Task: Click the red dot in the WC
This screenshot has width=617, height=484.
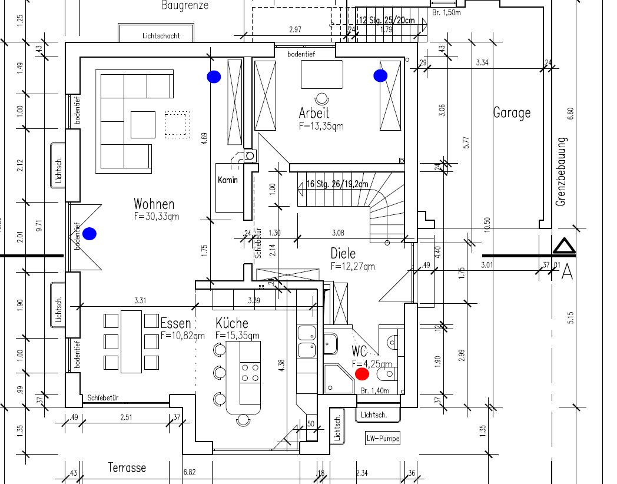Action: [x=362, y=373]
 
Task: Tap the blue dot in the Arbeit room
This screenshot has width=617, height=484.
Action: [x=380, y=75]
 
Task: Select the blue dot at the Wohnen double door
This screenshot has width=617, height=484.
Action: [x=89, y=234]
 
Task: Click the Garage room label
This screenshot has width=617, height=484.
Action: [x=512, y=112]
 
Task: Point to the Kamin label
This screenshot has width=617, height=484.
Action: [x=228, y=180]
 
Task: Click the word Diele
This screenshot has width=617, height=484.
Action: [x=343, y=253]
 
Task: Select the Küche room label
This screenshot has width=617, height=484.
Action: [x=231, y=323]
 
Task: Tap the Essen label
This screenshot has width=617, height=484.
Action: [x=176, y=323]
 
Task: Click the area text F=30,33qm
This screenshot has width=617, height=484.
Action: [x=157, y=216]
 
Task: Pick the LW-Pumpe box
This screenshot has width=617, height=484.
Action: [x=383, y=438]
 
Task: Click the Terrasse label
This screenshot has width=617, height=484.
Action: [x=127, y=468]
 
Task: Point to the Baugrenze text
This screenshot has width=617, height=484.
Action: [x=184, y=6]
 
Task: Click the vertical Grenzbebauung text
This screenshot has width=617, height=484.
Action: [x=561, y=172]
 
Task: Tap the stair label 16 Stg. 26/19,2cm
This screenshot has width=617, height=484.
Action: [x=337, y=184]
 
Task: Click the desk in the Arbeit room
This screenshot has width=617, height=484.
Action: [x=322, y=74]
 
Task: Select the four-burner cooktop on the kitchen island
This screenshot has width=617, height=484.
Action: [x=250, y=373]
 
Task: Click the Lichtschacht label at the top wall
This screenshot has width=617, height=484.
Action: [x=161, y=36]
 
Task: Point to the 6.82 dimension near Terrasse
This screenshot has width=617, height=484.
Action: [x=190, y=472]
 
